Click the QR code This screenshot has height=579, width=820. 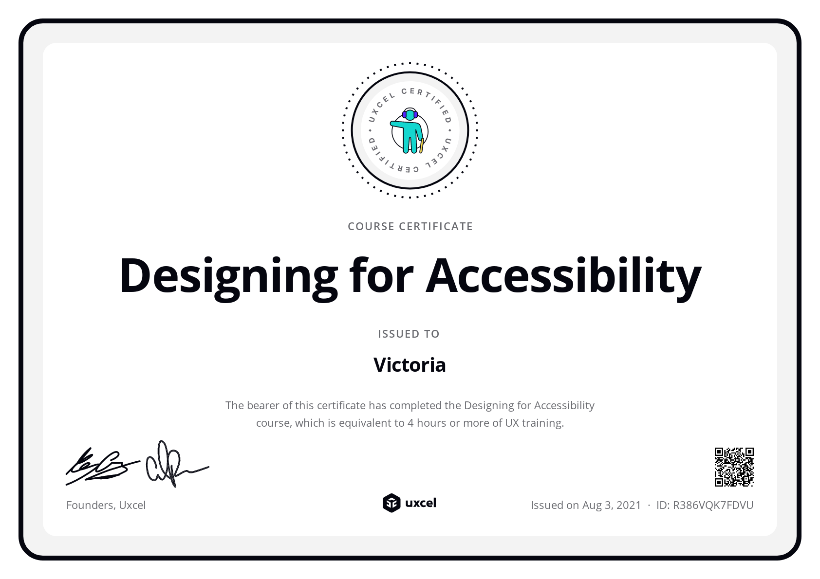[734, 467]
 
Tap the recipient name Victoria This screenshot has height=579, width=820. [410, 365]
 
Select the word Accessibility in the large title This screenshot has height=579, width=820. [563, 275]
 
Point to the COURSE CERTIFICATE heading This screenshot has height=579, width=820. [410, 226]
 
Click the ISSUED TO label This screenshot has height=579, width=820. [409, 334]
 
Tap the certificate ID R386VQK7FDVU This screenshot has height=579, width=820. [713, 505]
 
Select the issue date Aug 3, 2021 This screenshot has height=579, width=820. [612, 505]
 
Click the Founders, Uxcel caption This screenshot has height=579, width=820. [106, 505]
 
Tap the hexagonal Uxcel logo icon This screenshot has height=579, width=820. [391, 503]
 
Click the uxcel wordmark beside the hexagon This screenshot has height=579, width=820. [421, 503]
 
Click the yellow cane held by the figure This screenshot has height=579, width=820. [422, 145]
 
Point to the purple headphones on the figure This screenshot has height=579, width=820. [410, 114]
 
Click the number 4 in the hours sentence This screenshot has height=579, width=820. [410, 423]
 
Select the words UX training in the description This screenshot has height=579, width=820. [534, 423]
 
